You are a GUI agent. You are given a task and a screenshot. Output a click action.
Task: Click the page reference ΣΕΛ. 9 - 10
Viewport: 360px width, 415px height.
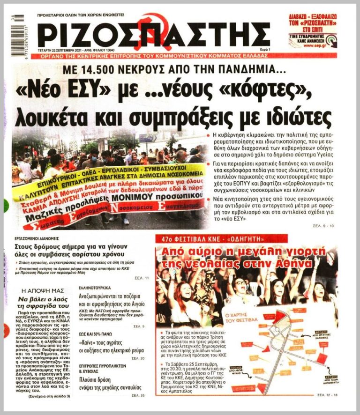(x=322, y=226)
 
